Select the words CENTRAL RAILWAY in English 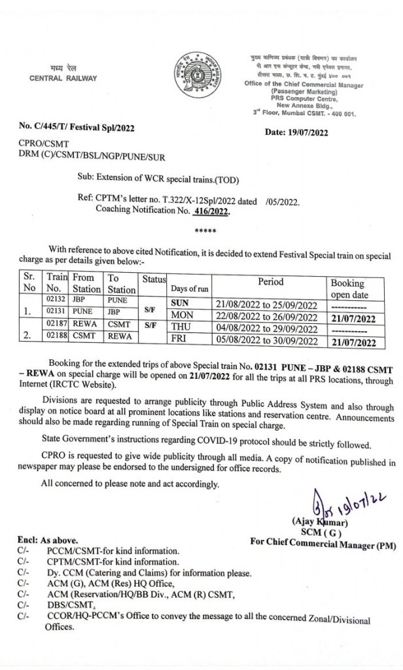[x=63, y=79]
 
